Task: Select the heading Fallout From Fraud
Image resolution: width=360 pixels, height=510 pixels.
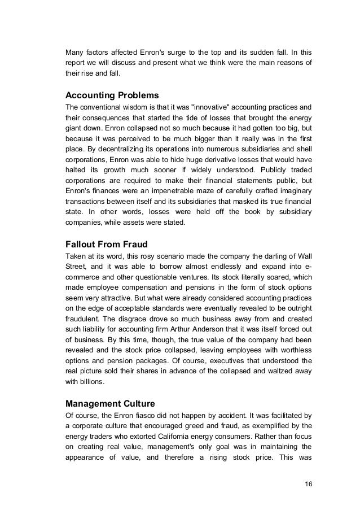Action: pos(106,245)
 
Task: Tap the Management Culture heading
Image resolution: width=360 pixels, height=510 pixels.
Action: pos(111,404)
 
